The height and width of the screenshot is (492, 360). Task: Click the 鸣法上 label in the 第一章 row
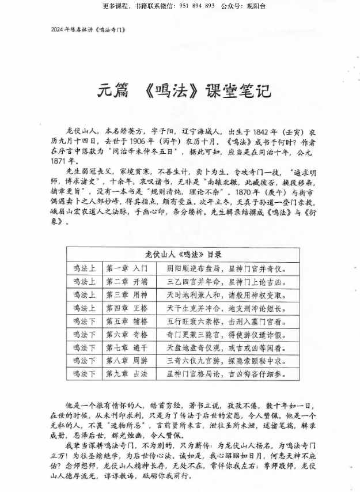[84, 268]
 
